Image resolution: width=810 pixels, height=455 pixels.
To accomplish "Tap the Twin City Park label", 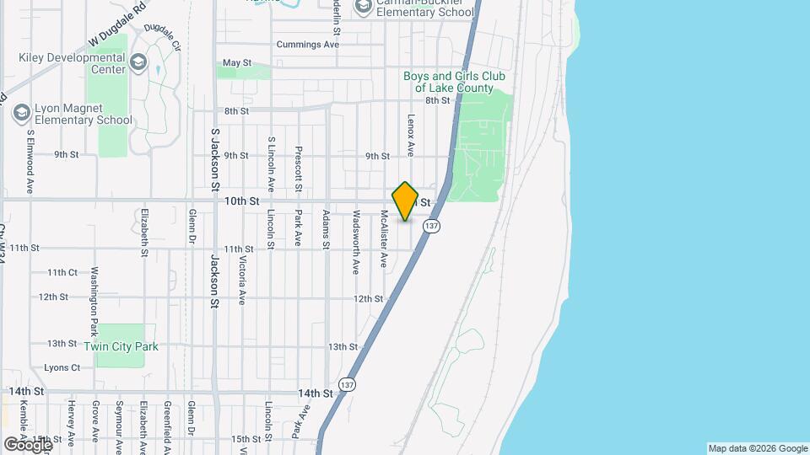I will pos(121,346).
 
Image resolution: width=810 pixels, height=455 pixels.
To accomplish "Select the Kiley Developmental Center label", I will pos(72,64).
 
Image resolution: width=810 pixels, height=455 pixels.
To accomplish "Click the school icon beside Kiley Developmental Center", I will pos(138,64).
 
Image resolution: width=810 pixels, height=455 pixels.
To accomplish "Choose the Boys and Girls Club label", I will pos(454,82).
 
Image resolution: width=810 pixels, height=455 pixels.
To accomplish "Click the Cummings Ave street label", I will pos(308,45).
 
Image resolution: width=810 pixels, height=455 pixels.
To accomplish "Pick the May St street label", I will pos(237,63).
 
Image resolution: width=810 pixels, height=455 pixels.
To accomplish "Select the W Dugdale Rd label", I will pos(117,25).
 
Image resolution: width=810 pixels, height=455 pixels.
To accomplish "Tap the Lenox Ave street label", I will pos(411,136).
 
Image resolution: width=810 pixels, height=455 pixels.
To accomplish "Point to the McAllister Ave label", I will pos(383,238).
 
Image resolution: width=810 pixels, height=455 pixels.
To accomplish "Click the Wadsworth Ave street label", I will pos(356,242).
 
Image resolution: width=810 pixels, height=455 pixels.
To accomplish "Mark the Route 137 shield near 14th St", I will pos(347,384).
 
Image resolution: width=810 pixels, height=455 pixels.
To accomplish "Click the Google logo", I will pos(27,443).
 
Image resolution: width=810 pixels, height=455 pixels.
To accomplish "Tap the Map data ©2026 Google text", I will pos(758,448).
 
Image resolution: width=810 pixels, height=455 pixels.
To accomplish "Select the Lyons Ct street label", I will pos(62,368).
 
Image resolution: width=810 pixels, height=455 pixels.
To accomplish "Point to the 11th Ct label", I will pos(62,273).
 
